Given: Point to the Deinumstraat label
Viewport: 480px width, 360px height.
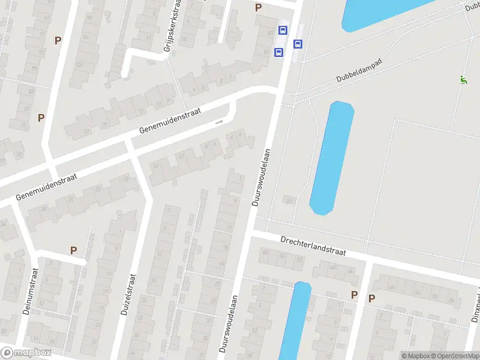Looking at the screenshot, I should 28,293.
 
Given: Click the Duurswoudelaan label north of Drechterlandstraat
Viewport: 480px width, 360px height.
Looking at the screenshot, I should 261,178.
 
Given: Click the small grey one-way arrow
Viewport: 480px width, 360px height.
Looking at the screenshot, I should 219,122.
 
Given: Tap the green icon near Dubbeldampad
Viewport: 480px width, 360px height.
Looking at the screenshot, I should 463,79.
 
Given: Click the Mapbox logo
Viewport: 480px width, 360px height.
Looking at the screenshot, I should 25,353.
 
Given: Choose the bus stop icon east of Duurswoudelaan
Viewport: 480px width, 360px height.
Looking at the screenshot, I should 298,43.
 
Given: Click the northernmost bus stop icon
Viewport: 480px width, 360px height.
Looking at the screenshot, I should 283,30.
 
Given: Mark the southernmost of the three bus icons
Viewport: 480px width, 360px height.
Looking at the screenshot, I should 278,53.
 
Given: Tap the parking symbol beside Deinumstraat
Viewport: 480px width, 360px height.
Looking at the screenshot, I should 74,251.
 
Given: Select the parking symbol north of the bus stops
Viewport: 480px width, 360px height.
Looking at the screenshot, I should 258,7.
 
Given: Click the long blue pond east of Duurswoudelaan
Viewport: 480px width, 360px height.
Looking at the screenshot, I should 331,157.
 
